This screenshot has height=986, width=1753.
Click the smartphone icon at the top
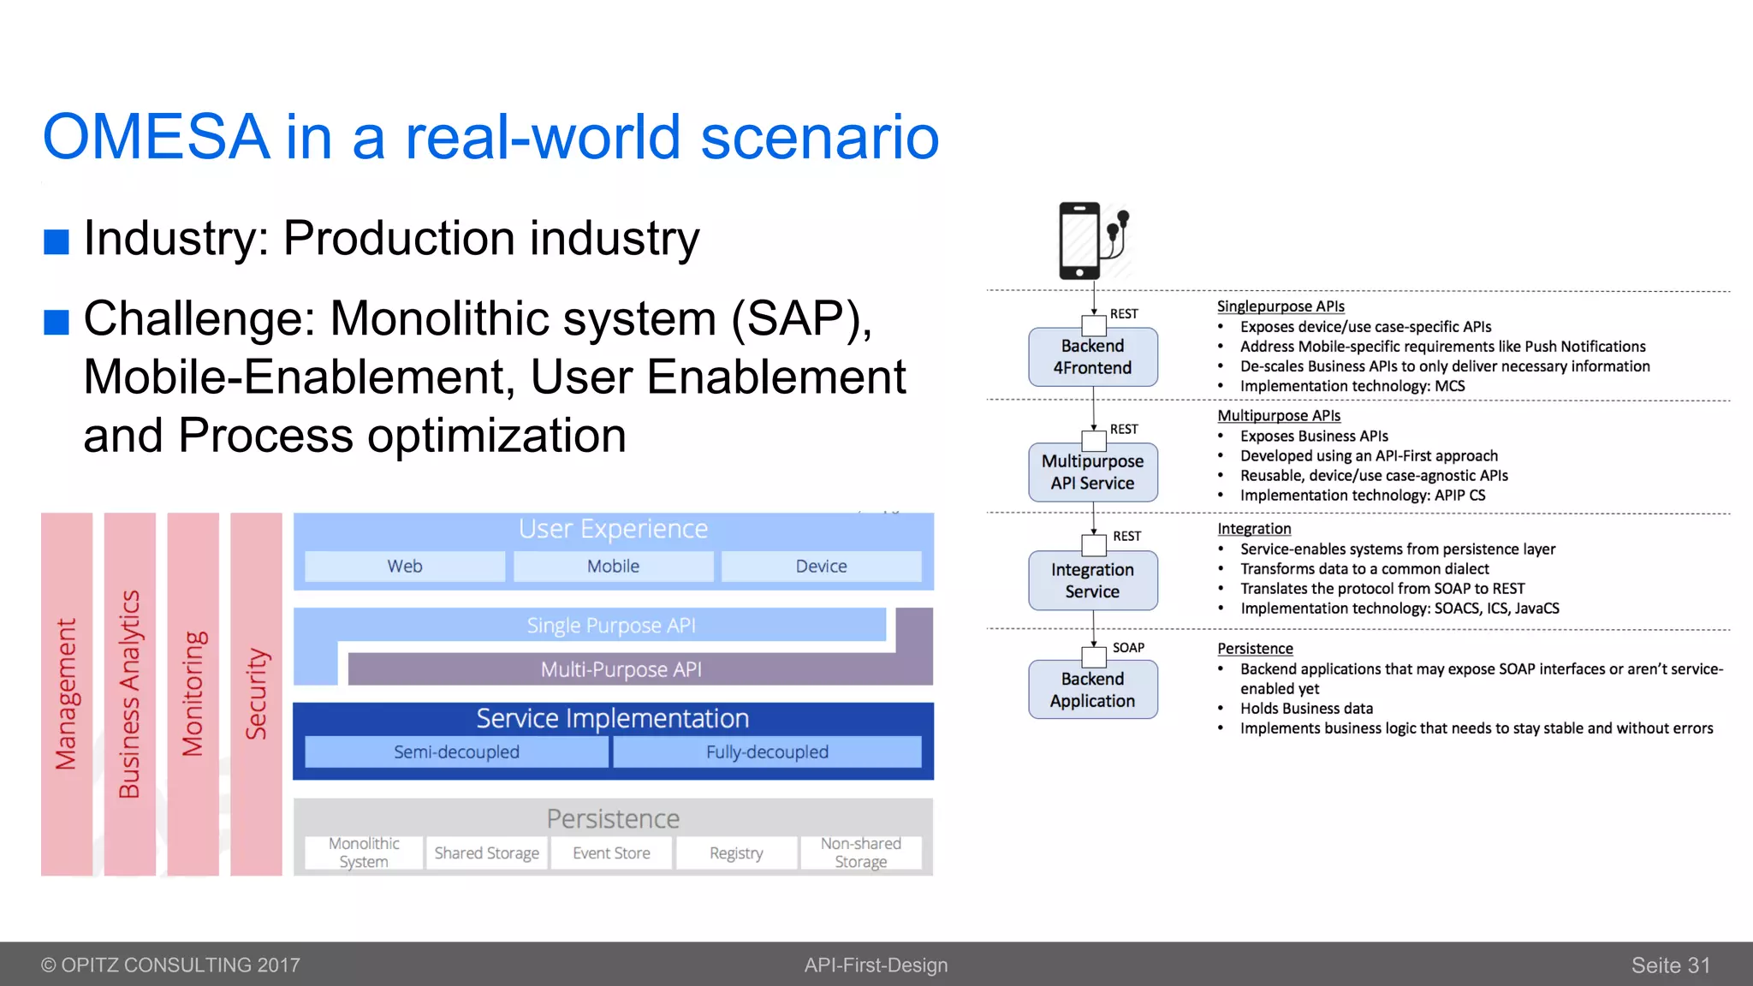pos(1080,241)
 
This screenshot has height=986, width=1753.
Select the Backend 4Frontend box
pos(1092,357)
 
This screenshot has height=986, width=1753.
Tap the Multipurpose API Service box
pos(1092,472)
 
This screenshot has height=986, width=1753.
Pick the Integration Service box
pos(1092,581)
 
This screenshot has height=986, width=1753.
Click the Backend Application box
pos(1092,690)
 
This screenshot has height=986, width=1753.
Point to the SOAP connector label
pos(1128,648)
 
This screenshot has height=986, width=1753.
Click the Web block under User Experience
pos(405,567)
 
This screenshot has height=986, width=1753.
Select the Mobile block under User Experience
pos(613,567)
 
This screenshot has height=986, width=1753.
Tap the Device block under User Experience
pos(821,567)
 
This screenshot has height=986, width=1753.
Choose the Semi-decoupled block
pos(456,752)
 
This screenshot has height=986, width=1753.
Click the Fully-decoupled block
pos(767,752)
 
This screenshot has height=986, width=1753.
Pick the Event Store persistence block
pos(611,853)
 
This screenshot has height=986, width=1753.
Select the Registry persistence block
pos(736,853)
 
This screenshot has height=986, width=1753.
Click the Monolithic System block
pos(364,853)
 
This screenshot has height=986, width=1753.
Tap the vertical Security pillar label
pos(256,694)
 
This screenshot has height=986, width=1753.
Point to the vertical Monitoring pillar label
pos(193,694)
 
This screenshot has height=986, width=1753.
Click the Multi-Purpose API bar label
pos(621,669)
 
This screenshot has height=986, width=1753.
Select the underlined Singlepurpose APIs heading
pos(1281,306)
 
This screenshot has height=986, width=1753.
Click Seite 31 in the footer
pos(1670,965)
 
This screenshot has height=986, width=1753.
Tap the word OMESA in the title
pos(157,137)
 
